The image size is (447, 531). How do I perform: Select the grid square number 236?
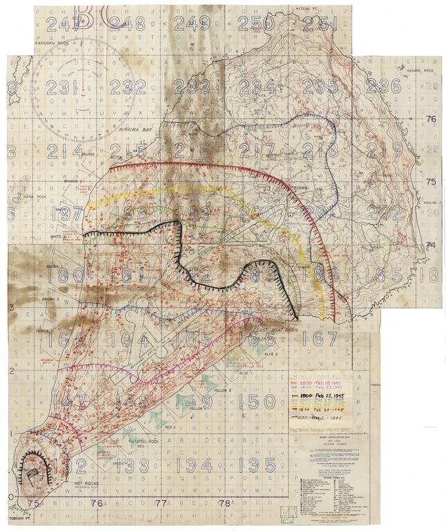click(383, 86)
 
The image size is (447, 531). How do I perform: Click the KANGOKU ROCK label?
click(51, 44)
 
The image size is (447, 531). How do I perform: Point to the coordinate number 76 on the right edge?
click(431, 119)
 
